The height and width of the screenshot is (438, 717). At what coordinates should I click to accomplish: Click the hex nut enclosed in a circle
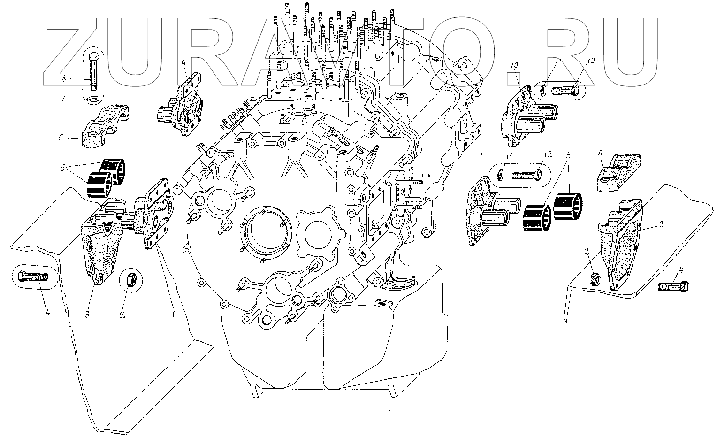128,280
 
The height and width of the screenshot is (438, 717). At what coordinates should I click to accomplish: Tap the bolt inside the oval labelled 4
31,277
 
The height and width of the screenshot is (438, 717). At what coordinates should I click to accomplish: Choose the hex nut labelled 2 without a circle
594,279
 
